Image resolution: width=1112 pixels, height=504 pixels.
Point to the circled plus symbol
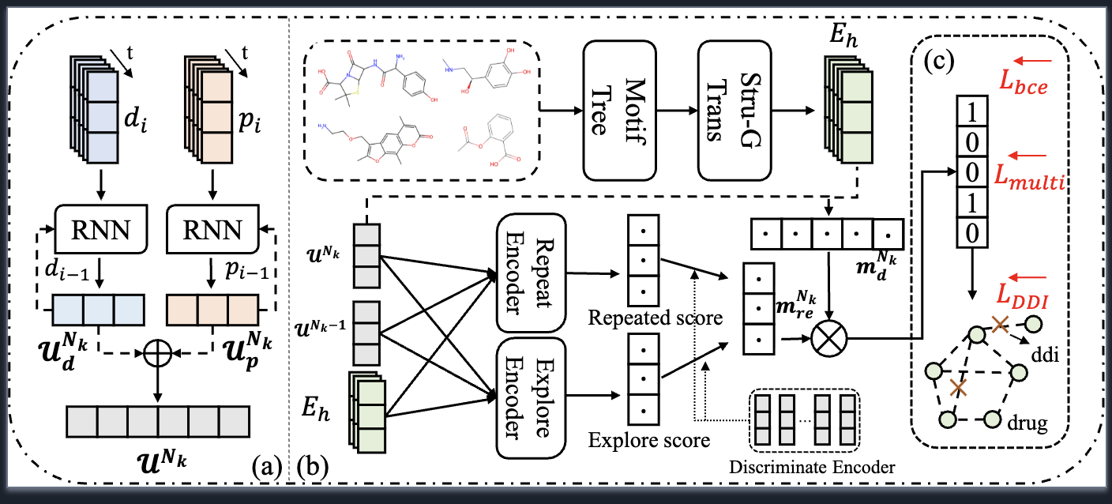pos(158,356)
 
